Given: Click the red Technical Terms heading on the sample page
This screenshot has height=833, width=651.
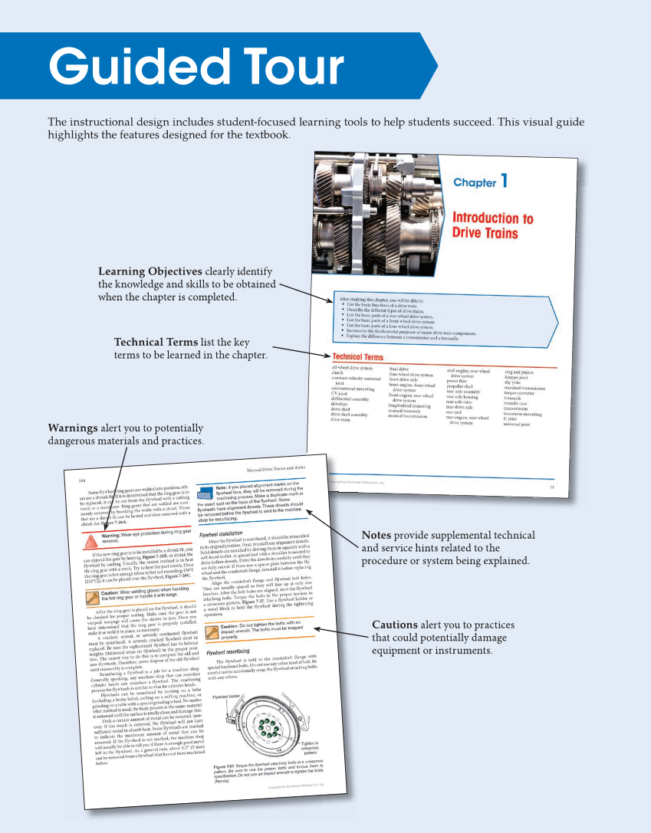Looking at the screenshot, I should coord(358,357).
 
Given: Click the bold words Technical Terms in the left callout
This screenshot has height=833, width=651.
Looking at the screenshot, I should coord(157,342).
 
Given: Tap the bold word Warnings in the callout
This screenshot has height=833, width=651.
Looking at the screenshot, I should coord(73,428).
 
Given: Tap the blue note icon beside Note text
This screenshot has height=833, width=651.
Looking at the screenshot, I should coord(206,490).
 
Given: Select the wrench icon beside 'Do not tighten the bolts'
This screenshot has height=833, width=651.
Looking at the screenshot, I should coord(209,630).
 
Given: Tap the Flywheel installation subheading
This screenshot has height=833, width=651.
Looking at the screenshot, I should coord(222,532).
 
